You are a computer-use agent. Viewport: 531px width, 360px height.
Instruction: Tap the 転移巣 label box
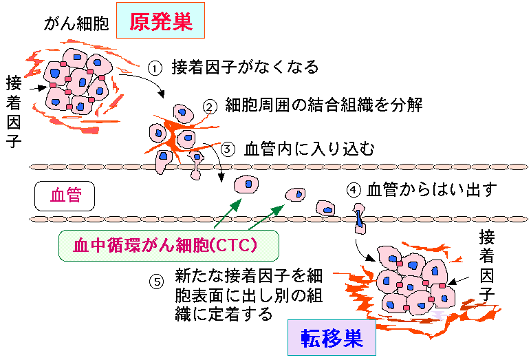332,337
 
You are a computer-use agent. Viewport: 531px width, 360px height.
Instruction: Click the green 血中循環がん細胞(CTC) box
169,245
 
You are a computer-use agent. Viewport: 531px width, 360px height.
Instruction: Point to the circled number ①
155,68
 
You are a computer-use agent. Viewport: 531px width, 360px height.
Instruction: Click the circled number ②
210,107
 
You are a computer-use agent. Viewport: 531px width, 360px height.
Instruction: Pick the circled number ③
229,149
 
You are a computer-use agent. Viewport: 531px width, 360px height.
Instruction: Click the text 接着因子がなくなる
245,67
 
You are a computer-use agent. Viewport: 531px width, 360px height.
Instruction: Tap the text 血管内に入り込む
310,149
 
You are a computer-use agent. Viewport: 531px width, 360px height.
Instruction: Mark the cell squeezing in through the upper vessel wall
197,165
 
